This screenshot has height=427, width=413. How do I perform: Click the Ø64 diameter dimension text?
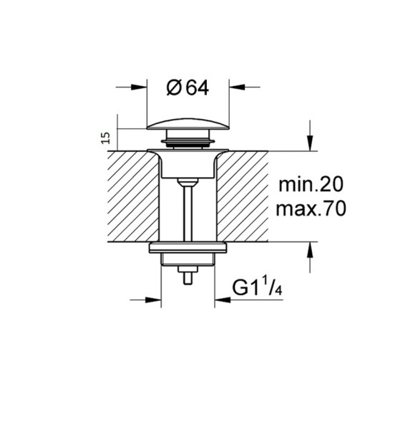(188, 87)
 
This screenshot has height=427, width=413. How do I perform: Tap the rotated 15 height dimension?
(106, 138)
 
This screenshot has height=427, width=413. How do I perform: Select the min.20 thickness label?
(311, 184)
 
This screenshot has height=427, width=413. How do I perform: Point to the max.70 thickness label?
(311, 209)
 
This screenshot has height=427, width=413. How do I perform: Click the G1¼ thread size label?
(257, 287)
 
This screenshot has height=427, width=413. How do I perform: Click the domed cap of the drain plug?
(188, 124)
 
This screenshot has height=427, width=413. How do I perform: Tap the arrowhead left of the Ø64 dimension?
(139, 87)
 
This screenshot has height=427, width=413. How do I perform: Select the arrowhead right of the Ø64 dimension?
(237, 87)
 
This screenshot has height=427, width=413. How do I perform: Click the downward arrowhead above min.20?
(310, 143)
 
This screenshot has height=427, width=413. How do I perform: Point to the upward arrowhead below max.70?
(310, 250)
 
